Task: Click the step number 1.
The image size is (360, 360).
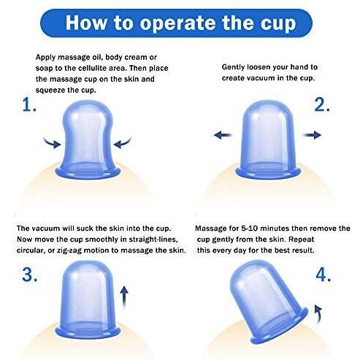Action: pyautogui.click(x=29, y=105)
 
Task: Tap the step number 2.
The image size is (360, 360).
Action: pyautogui.click(x=322, y=105)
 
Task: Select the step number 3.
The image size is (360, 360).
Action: pyautogui.click(x=29, y=275)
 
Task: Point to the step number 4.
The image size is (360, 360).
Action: pyautogui.click(x=323, y=275)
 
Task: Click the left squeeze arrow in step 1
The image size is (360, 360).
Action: pyautogui.click(x=52, y=143)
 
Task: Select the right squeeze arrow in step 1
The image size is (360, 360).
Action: pyautogui.click(x=123, y=143)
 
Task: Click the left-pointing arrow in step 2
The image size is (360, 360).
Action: pyautogui.click(x=223, y=134)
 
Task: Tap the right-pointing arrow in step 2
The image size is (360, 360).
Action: pyautogui.click(x=312, y=134)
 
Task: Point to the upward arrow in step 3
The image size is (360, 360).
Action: pyautogui.click(x=124, y=297)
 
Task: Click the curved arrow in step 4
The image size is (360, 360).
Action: pyautogui.click(x=318, y=313)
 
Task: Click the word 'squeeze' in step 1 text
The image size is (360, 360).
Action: pyautogui.click(x=50, y=91)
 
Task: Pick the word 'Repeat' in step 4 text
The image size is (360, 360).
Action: pyautogui.click(x=301, y=240)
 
